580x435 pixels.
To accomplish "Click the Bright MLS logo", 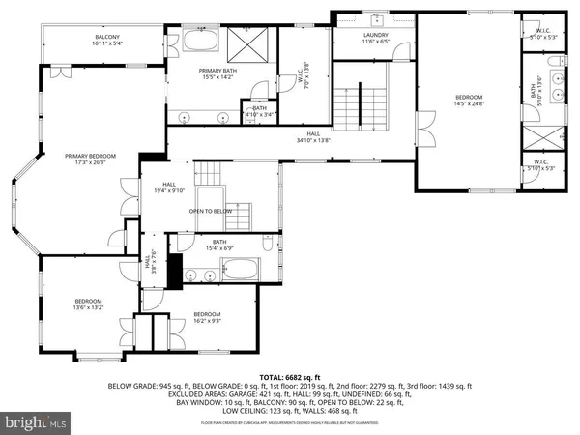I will (x=37, y=421).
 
